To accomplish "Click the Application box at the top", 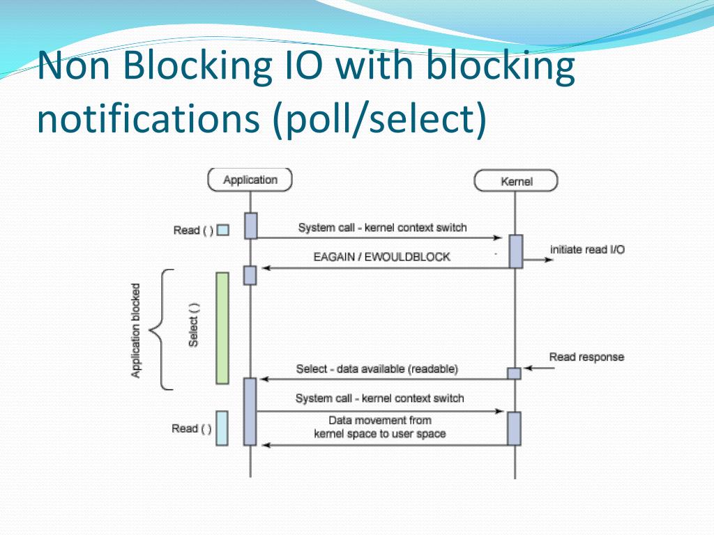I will tap(250, 180).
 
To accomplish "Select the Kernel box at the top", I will tap(516, 181).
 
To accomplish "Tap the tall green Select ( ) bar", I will tap(222, 327).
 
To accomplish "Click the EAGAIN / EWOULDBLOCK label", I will tap(381, 257).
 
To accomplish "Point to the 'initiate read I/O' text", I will tap(587, 249).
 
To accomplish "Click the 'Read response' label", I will tap(586, 357).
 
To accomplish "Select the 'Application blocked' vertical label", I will tap(136, 330).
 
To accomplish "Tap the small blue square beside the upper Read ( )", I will tap(223, 230).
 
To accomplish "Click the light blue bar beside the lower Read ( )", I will tap(222, 428).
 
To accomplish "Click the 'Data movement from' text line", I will tap(380, 420).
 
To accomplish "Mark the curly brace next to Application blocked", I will tap(162, 329).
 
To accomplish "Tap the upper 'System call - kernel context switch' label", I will tap(382, 228).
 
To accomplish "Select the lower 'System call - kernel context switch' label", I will tap(379, 398).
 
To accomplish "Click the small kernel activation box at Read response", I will tap(514, 373).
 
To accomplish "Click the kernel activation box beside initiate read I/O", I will tap(515, 251).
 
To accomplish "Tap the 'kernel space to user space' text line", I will tap(380, 433).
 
